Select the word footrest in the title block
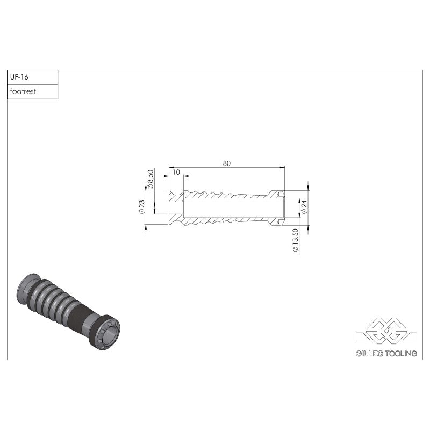(x=23, y=91)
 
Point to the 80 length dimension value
(x=227, y=164)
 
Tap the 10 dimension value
(x=176, y=172)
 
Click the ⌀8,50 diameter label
(x=150, y=180)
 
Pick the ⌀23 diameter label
(x=142, y=207)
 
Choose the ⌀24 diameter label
(x=304, y=207)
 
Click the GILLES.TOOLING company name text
(x=386, y=353)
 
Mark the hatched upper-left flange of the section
(x=175, y=195)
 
